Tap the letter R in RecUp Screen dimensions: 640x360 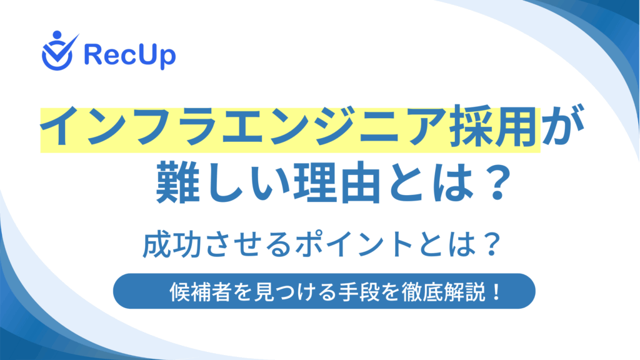click(x=92, y=54)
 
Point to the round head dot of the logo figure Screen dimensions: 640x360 click(x=57, y=35)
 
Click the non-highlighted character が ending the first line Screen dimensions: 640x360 click(x=564, y=126)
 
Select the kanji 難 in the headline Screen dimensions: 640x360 click(x=177, y=182)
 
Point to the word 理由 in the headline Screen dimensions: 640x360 click(x=336, y=182)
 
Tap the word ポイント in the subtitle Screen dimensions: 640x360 click(x=354, y=244)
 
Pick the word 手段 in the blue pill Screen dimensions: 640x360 click(x=359, y=292)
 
